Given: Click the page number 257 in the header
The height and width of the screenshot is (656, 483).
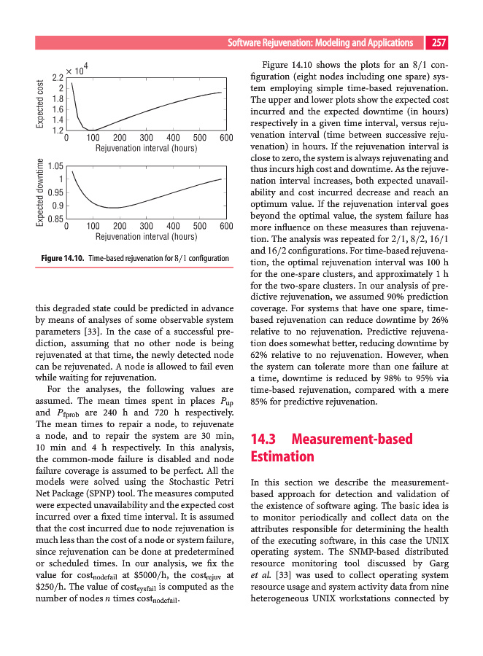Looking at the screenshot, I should point(438,43).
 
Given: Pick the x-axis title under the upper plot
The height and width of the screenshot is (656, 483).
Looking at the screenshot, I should point(146,148).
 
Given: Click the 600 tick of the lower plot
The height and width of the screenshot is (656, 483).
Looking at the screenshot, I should point(225,227).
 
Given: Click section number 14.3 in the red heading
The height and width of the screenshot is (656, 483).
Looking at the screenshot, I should point(266,440).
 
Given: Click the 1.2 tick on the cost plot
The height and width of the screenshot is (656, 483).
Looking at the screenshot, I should point(56,130).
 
